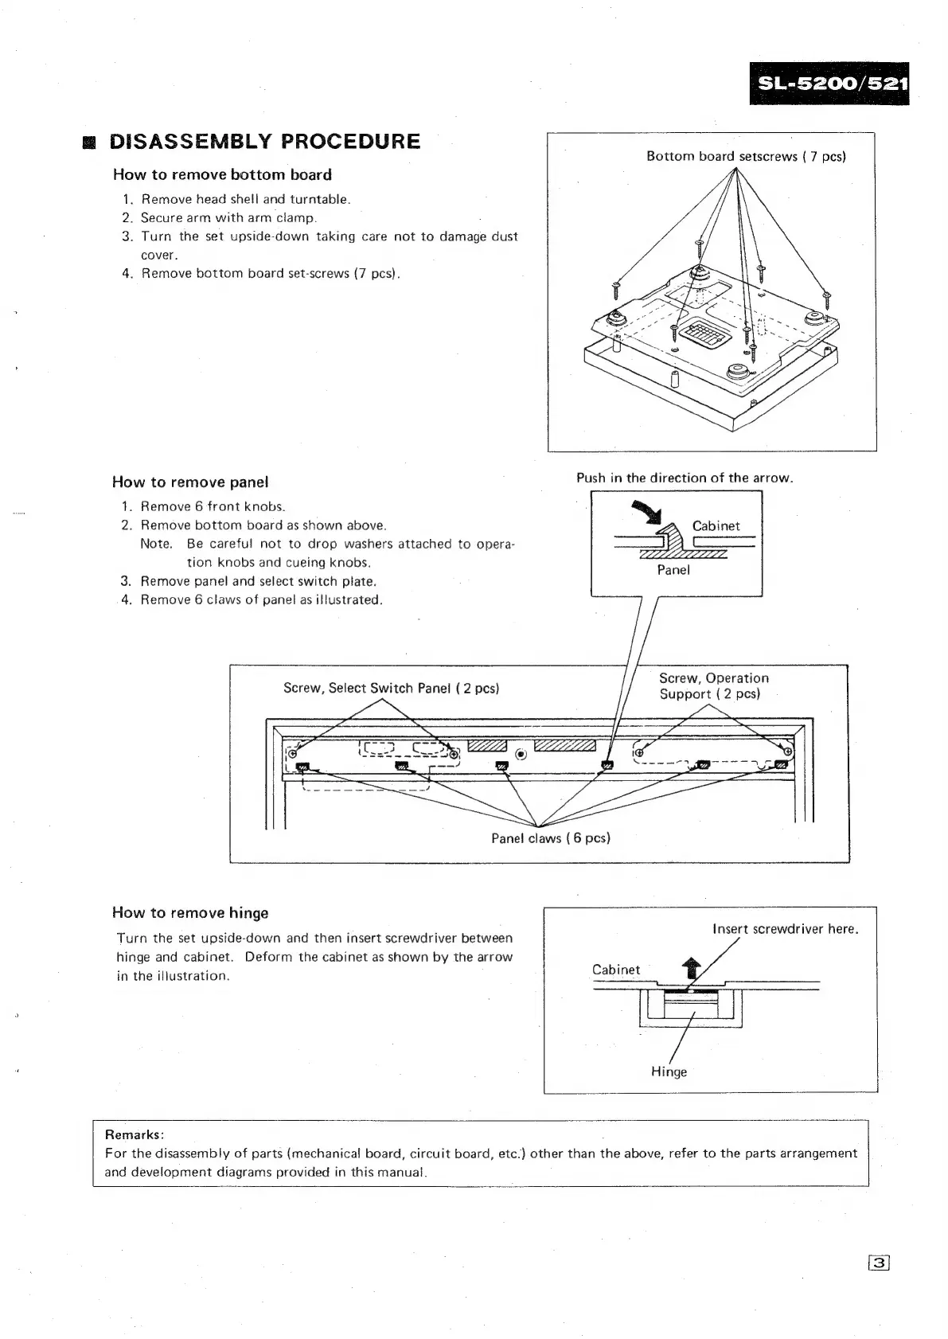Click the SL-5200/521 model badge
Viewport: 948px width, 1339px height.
click(x=829, y=83)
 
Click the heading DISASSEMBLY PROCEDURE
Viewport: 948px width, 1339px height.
click(x=264, y=142)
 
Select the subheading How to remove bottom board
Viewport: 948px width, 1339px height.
click(x=222, y=174)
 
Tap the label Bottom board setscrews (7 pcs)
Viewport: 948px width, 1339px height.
click(x=746, y=156)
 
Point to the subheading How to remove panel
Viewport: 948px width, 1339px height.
click(x=190, y=482)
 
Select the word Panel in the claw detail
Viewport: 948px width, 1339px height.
click(x=673, y=570)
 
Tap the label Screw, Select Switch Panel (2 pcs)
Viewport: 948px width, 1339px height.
click(x=391, y=688)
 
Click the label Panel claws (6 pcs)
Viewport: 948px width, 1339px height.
click(x=550, y=837)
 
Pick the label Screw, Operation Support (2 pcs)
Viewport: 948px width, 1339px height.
click(x=714, y=686)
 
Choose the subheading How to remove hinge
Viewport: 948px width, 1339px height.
click(x=190, y=913)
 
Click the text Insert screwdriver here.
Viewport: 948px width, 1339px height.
click(x=785, y=929)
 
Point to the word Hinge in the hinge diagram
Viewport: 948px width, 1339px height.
click(x=669, y=1072)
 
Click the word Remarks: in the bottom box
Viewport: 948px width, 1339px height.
click(x=135, y=1134)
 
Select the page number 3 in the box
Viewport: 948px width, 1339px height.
click(x=879, y=1263)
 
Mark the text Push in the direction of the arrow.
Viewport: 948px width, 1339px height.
click(x=685, y=478)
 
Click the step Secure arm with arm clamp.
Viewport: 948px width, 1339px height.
click(x=228, y=217)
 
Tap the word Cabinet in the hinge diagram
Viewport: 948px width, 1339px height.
click(x=616, y=970)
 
